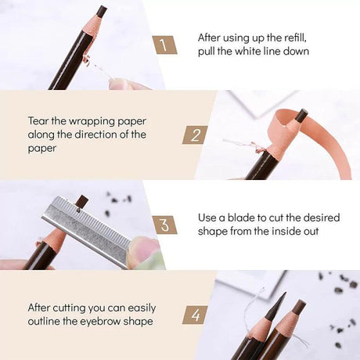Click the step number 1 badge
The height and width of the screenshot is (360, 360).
coord(164,45)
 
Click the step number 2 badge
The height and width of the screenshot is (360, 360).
coord(195,135)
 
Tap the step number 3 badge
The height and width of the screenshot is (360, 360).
coord(164,225)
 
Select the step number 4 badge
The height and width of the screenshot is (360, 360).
coord(195,315)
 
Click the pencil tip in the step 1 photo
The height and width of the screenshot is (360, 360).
coord(102,12)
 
